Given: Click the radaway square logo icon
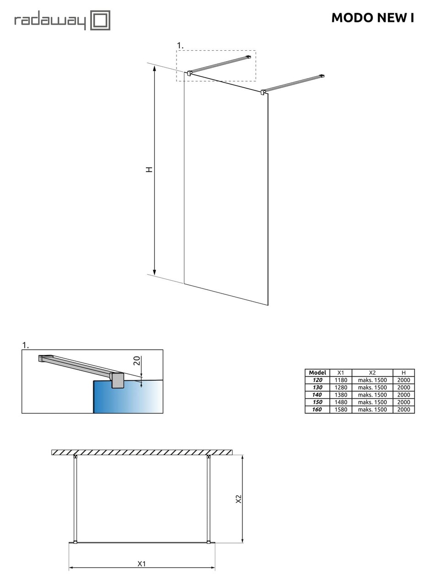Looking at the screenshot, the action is (100, 20).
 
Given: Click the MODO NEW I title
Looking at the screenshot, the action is (373, 18).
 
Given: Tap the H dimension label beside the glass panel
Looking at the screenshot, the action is (150, 169).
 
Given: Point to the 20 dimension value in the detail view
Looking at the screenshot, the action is (137, 361).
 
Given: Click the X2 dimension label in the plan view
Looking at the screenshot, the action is (238, 499).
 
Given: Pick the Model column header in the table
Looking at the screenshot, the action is (317, 372).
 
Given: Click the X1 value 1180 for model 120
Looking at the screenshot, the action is (341, 380).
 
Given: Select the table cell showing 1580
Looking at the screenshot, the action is (341, 409).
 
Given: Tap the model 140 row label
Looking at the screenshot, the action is (317, 394).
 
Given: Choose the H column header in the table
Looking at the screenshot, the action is (404, 372).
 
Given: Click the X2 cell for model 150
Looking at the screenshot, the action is (372, 402).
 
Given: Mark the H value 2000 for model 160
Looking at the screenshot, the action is (404, 409).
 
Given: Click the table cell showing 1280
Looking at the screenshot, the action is (341, 388).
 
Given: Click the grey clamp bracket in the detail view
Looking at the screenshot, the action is (117, 380).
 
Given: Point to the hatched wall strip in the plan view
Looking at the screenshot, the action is (142, 452).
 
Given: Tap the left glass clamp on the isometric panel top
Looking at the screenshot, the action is (189, 73).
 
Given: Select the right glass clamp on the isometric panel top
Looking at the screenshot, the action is (263, 92).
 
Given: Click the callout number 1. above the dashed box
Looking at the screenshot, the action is (180, 46).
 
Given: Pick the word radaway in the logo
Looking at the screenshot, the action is (50, 21).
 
